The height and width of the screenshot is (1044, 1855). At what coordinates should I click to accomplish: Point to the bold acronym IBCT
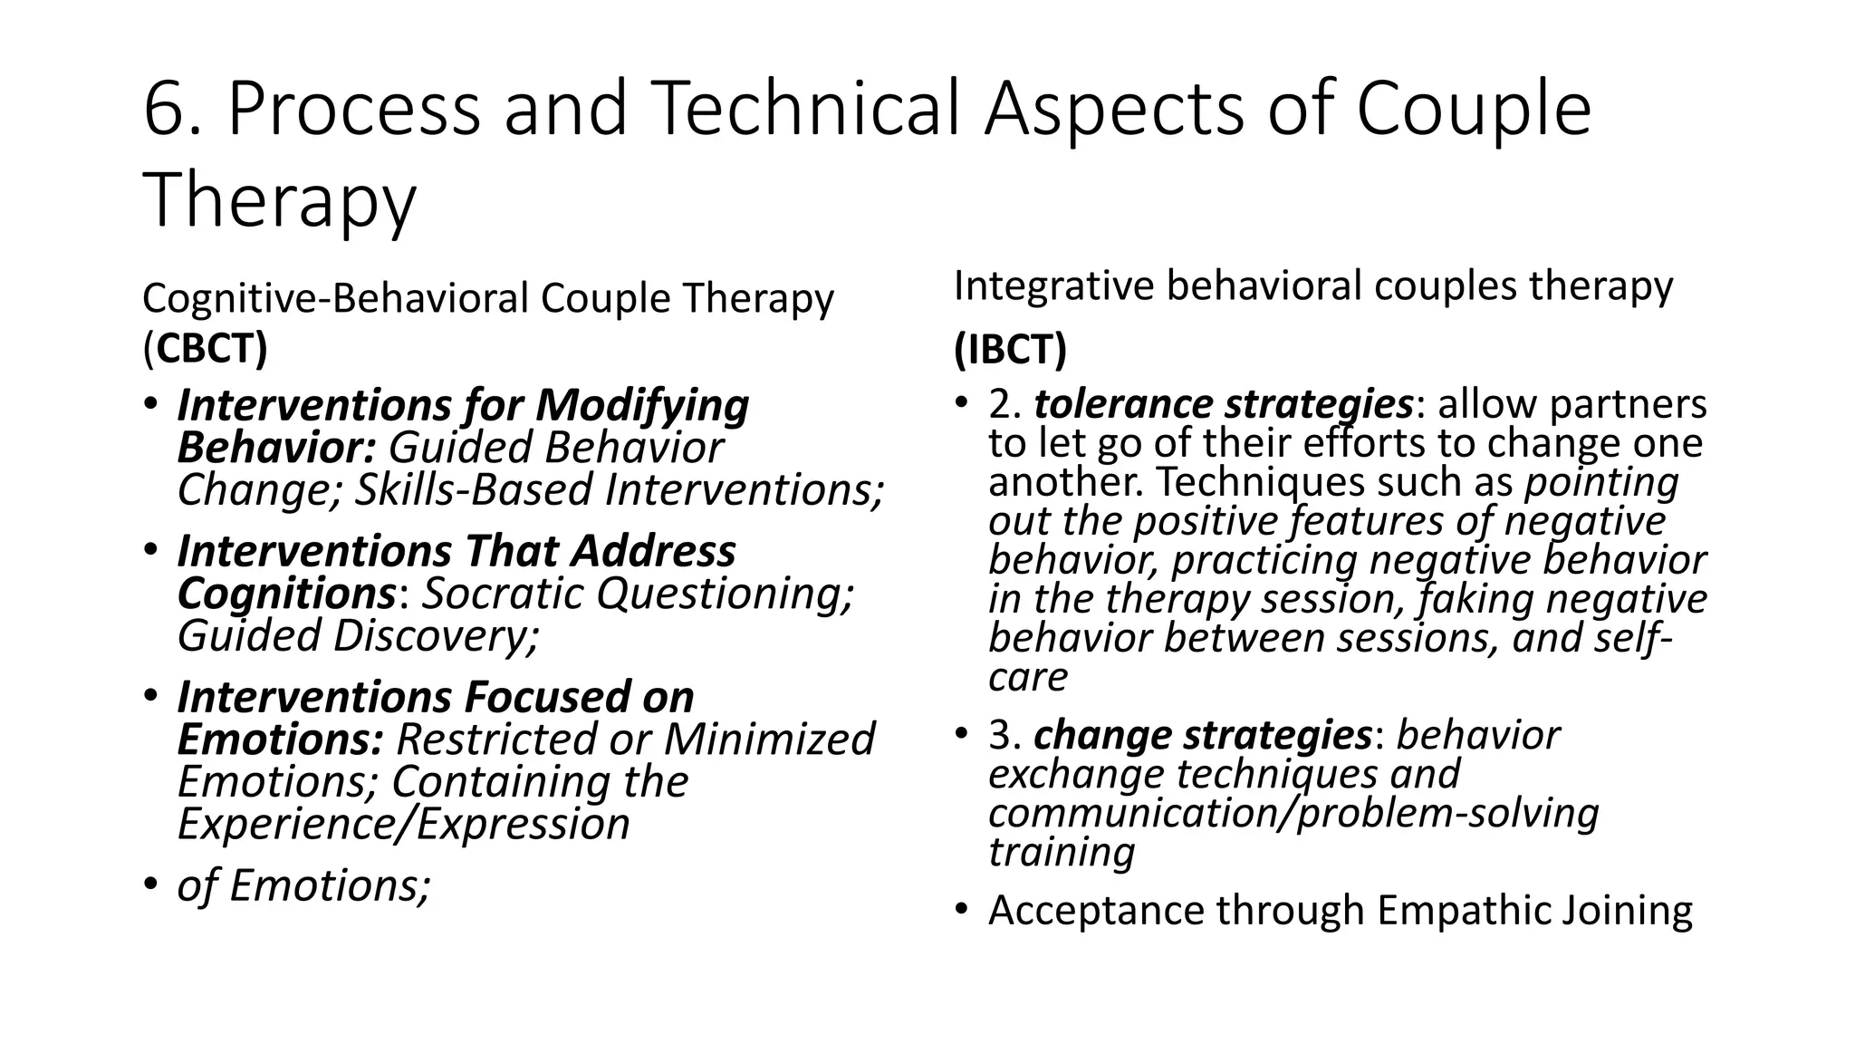(x=1010, y=350)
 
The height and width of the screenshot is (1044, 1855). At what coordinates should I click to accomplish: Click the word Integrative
(x=1051, y=286)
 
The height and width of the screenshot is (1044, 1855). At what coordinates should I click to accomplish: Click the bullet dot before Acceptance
(x=962, y=909)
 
